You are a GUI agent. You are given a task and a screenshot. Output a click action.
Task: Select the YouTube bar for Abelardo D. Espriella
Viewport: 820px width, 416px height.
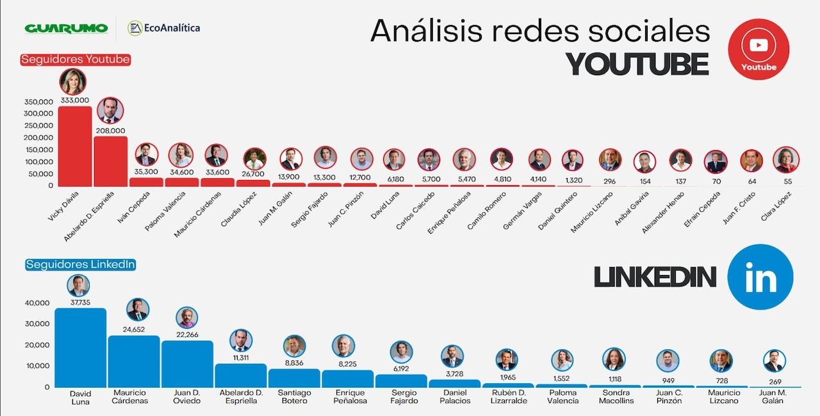(x=111, y=161)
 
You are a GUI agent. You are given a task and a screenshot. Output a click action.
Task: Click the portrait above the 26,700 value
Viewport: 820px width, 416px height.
(x=254, y=158)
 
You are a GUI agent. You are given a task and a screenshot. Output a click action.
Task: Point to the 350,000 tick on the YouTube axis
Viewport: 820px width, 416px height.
(x=39, y=102)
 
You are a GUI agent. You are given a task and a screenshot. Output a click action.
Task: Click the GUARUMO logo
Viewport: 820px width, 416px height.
(x=66, y=28)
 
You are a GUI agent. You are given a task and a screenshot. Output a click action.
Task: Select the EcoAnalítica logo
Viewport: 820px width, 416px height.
(x=164, y=28)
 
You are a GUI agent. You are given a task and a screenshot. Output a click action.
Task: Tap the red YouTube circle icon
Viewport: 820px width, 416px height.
(x=758, y=49)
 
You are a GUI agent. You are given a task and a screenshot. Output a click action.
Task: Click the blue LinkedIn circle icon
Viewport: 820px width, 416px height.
(x=760, y=277)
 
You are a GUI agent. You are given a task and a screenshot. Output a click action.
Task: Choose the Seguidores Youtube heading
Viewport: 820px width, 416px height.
(x=76, y=60)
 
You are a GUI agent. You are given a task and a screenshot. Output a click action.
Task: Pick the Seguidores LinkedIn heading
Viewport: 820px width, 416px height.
(x=80, y=264)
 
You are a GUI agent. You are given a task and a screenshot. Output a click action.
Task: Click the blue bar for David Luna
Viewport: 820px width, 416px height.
(x=80, y=347)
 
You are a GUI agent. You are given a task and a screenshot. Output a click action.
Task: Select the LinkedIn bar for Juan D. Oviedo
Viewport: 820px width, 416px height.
(x=187, y=363)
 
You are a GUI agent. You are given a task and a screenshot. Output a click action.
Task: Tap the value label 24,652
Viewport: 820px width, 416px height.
(x=138, y=329)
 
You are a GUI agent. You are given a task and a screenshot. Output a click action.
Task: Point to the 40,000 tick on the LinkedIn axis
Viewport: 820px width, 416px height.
(x=37, y=303)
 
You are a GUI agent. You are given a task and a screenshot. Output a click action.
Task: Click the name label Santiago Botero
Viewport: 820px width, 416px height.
(x=294, y=397)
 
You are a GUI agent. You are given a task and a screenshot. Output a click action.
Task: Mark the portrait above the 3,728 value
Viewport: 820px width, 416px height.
(x=452, y=356)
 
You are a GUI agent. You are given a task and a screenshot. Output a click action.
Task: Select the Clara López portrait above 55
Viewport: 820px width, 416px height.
(x=786, y=160)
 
